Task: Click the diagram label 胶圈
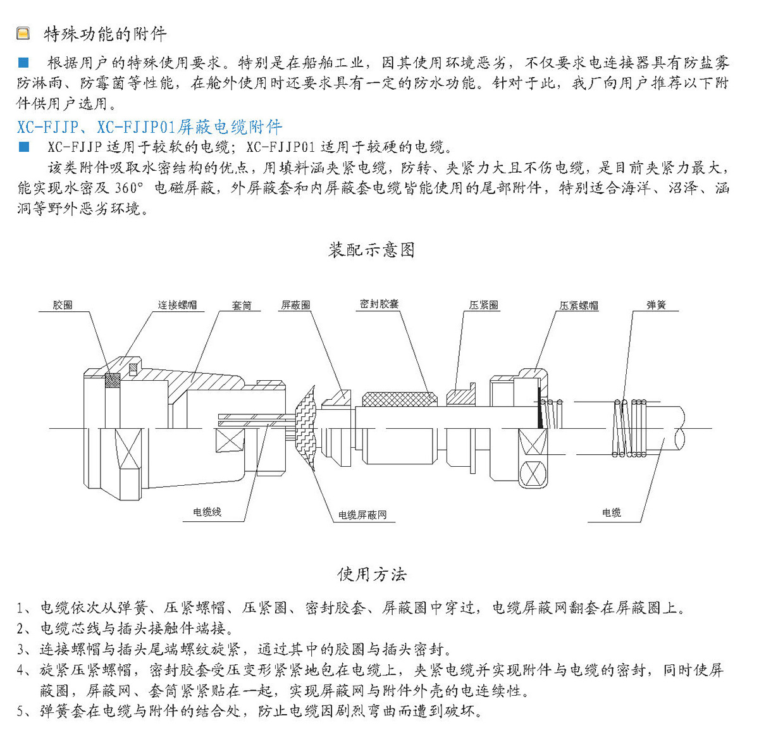(x=63, y=305)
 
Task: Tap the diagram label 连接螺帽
(x=177, y=305)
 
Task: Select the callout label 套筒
(x=242, y=306)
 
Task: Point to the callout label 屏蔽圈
(x=295, y=305)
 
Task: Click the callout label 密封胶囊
(x=379, y=304)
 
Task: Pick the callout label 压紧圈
(x=483, y=305)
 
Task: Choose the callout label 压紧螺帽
(x=578, y=306)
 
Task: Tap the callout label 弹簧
(x=656, y=305)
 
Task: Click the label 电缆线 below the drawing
(x=207, y=512)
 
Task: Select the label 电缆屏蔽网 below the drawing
(x=362, y=515)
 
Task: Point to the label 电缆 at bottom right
(x=612, y=512)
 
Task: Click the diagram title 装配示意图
(x=371, y=250)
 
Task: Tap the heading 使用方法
(x=371, y=574)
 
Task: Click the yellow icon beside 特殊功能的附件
(x=23, y=33)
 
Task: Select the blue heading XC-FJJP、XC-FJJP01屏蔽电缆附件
(x=149, y=127)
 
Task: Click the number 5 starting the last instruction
(x=22, y=711)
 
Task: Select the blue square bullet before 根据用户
(x=24, y=63)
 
